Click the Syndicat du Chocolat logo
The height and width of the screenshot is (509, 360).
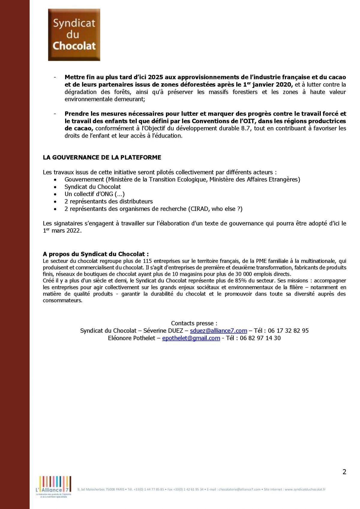74,35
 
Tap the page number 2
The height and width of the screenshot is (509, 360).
344,472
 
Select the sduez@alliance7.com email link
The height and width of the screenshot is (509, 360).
218,331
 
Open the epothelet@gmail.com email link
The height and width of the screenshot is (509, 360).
191,338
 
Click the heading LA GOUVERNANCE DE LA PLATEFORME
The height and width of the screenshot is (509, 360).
102,157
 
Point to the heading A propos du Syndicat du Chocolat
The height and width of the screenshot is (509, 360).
96,254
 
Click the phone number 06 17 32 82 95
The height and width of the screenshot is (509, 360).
288,331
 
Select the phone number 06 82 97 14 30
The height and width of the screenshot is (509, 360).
260,338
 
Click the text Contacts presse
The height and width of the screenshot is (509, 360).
194,323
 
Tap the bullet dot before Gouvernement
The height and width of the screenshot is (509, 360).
55,180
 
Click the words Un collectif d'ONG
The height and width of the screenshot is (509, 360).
89,194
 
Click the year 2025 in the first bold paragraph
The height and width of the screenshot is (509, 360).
155,77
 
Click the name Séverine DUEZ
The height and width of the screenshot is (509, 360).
163,331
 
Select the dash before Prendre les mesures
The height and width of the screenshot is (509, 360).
55,114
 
